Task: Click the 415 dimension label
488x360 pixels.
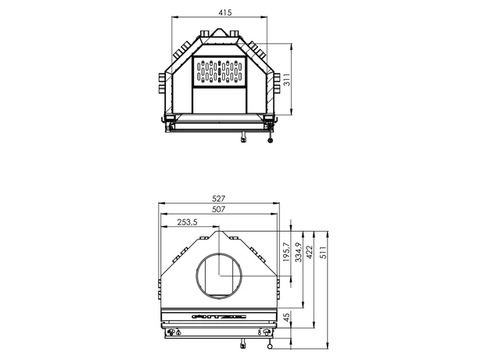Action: pos(225,13)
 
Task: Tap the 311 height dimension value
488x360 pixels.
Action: pos(287,79)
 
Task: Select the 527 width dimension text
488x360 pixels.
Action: pos(218,198)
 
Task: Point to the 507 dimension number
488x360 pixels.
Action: pos(218,209)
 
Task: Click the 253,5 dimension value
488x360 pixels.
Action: pos(187,222)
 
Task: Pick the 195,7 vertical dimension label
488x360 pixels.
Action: pos(287,252)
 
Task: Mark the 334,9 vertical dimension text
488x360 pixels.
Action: pos(298,252)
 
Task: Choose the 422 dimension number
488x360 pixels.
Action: pos(309,253)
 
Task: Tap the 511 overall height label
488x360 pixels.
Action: pos(323,253)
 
